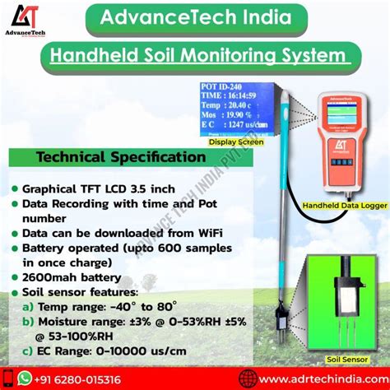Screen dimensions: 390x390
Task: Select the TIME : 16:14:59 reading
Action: [x=235, y=96]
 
